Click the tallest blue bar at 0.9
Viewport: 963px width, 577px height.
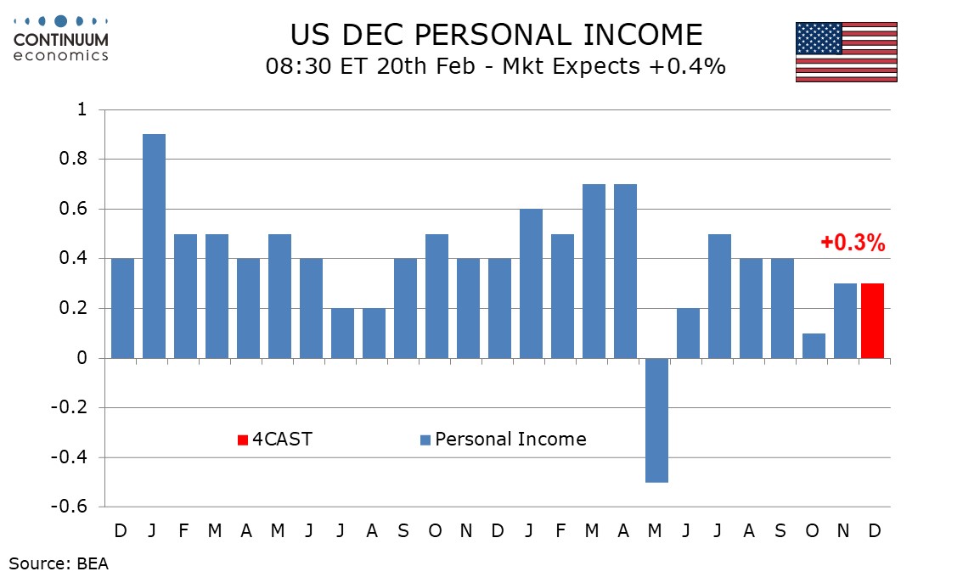pyautogui.click(x=154, y=246)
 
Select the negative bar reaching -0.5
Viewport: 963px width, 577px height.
pyautogui.click(x=656, y=420)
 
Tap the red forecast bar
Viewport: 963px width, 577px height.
pyautogui.click(x=872, y=321)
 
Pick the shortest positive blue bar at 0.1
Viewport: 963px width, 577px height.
pyautogui.click(x=813, y=345)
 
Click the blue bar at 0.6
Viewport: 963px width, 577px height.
pyautogui.click(x=531, y=283)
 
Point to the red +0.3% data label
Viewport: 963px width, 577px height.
pyautogui.click(x=853, y=244)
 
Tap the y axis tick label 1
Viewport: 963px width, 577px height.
pyautogui.click(x=82, y=109)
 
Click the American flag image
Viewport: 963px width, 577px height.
pyautogui.click(x=846, y=52)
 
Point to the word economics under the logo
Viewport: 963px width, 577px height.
pyautogui.click(x=60, y=55)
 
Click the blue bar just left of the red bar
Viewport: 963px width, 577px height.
pyautogui.click(x=844, y=321)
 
